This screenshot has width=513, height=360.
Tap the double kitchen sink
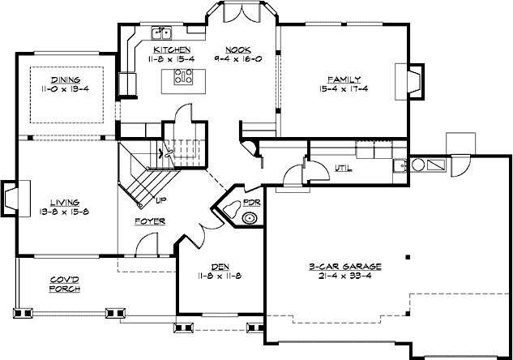164,32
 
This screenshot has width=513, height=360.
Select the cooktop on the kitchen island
182,78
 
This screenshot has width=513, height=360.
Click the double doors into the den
199,233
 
